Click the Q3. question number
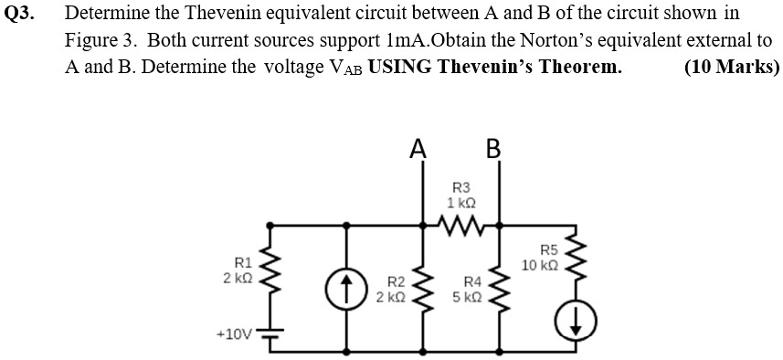21,16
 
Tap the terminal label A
418,149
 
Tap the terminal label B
494,149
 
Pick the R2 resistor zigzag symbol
421,287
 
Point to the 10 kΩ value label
540,265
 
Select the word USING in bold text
399,67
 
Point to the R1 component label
242,262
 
